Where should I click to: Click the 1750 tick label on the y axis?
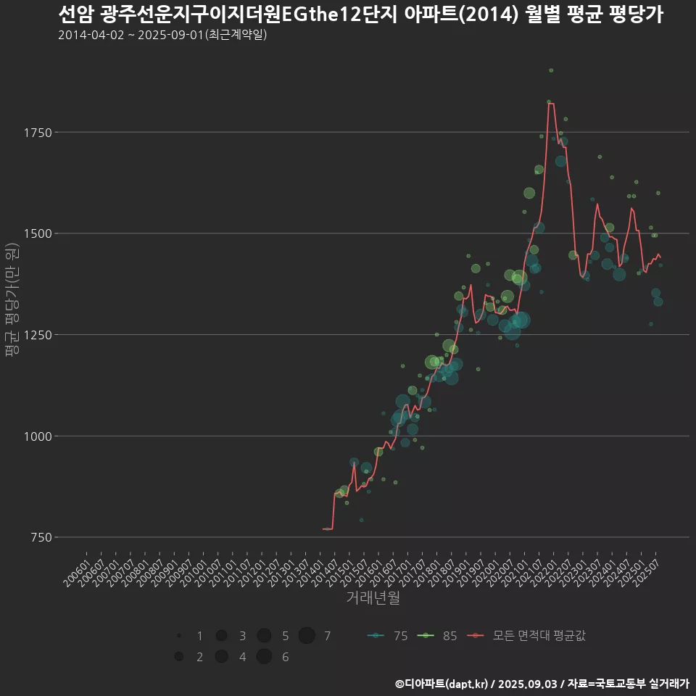37,133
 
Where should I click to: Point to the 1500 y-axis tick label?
37,233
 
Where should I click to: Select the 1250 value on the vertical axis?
37,335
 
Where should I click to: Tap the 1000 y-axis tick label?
37,436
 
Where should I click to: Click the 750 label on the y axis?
40,537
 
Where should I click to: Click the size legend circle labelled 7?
307,636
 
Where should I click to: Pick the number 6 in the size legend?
285,657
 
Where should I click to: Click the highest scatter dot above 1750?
551,70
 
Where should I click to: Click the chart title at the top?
360,14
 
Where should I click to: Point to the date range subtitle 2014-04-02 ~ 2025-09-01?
162,35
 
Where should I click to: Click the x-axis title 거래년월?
373,597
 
